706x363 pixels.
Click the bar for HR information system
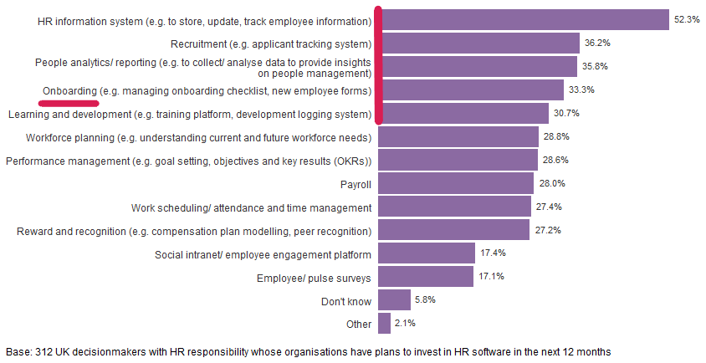pos(524,20)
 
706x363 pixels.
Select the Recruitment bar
pos(478,43)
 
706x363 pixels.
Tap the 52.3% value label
pos(688,20)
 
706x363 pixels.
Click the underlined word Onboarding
pos(69,90)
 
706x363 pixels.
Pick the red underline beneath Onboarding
pos(69,100)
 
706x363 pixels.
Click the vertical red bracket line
pos(379,65)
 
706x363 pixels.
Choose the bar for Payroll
pos(456,183)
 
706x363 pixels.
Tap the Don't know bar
pos(394,299)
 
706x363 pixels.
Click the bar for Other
pos(384,323)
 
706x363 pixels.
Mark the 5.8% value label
pos(426,299)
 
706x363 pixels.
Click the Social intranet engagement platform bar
pos(427,253)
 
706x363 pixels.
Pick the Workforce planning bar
pos(458,136)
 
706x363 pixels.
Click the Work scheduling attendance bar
pos(454,207)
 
